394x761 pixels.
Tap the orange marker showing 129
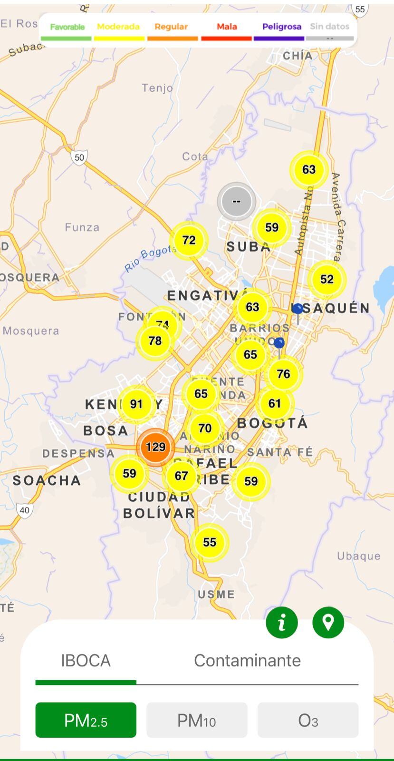pyautogui.click(x=155, y=447)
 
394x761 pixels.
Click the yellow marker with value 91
pyautogui.click(x=136, y=404)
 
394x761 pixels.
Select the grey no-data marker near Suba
pyautogui.click(x=236, y=201)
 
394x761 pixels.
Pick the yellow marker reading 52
pyautogui.click(x=327, y=279)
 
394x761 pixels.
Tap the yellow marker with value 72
pyautogui.click(x=189, y=240)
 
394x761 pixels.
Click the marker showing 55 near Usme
pyautogui.click(x=210, y=542)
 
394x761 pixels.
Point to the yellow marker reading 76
pyautogui.click(x=283, y=374)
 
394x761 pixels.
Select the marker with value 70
pyautogui.click(x=205, y=429)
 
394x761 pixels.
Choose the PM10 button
pyautogui.click(x=197, y=720)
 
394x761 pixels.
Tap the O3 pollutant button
pyautogui.click(x=308, y=720)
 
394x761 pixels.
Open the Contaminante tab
pyautogui.click(x=247, y=661)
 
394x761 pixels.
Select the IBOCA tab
pyautogui.click(x=86, y=661)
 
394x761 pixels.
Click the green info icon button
pyautogui.click(x=282, y=623)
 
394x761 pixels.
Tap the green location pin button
pyautogui.click(x=328, y=623)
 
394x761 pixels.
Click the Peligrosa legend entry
pyautogui.click(x=281, y=27)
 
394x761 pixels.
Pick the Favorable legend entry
pyautogui.click(x=67, y=27)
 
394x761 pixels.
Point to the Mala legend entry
pyautogui.click(x=227, y=27)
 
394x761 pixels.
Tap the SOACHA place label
pyautogui.click(x=47, y=480)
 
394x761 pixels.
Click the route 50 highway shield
pyautogui.click(x=79, y=157)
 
